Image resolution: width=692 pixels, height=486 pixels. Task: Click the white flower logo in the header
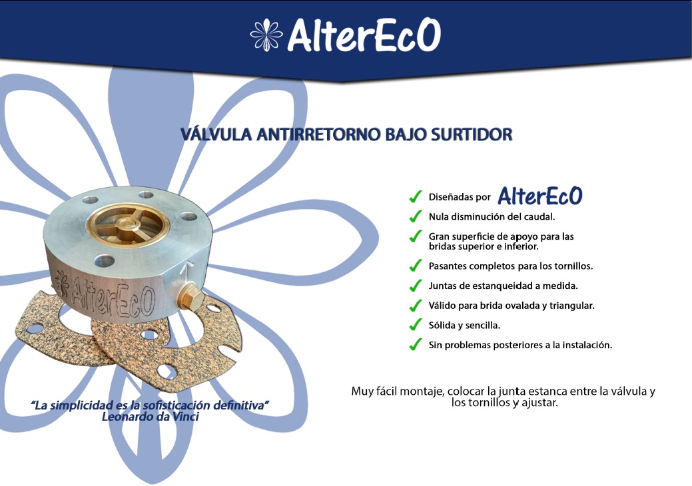(266, 35)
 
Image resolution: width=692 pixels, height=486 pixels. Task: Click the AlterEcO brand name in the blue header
(364, 35)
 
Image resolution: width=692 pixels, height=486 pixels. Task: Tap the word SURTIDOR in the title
(472, 134)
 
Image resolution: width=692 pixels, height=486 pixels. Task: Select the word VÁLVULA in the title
(216, 134)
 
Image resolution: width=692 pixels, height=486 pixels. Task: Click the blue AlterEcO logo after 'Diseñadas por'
(540, 196)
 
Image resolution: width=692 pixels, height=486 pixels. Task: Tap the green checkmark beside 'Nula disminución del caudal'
(416, 216)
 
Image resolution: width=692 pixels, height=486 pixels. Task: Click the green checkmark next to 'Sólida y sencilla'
(416, 325)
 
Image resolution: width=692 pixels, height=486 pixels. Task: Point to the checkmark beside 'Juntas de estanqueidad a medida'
(416, 286)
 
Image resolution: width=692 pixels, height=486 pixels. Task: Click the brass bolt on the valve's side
(190, 297)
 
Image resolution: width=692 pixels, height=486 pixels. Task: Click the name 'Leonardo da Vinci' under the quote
(151, 417)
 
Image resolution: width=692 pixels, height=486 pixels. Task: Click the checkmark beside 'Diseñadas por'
(416, 196)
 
